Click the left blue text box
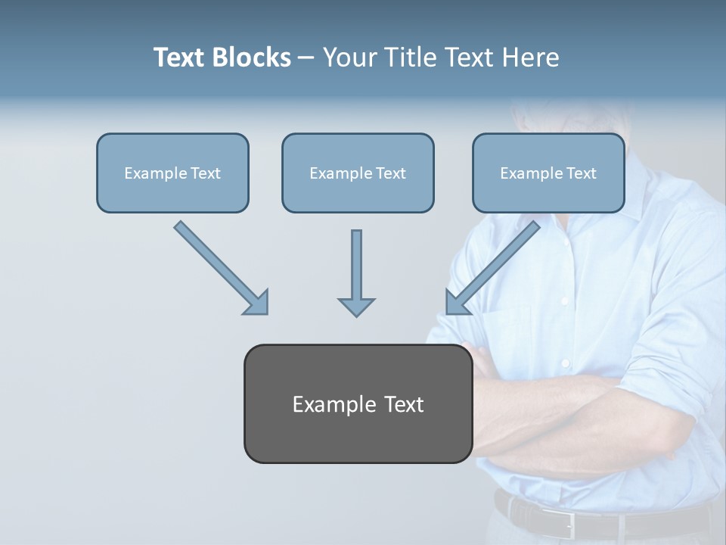(172, 173)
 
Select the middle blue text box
(358, 173)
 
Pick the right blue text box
(548, 173)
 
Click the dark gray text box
(358, 403)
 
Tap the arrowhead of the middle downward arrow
(356, 306)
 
